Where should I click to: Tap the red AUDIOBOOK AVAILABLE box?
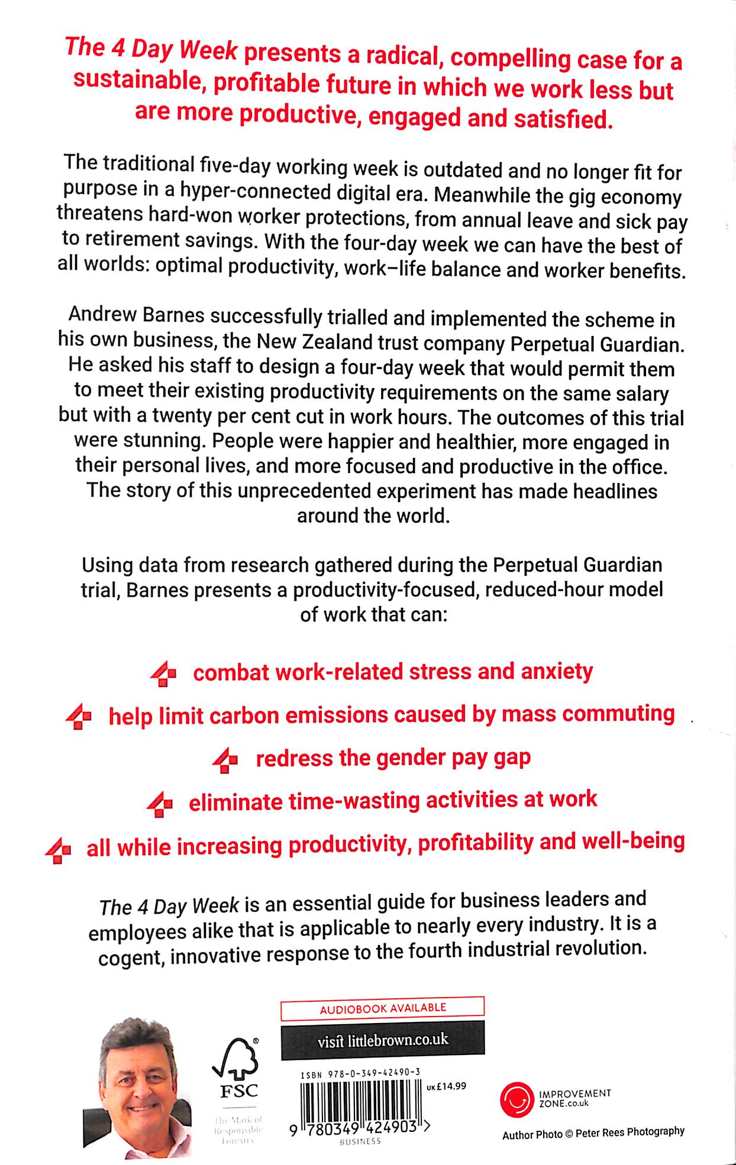coord(382,1008)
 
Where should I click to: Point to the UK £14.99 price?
coord(446,1086)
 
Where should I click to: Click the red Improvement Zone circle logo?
coord(516,1099)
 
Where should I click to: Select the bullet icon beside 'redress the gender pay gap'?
coord(225,760)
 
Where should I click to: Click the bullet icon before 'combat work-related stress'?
coord(163,674)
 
